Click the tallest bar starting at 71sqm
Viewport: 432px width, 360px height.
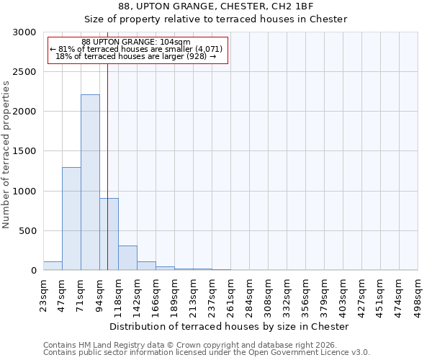click(90, 182)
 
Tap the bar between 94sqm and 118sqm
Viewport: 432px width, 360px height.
click(109, 234)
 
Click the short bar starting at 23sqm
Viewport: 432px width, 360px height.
click(53, 266)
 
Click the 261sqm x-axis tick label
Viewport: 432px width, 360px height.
click(231, 294)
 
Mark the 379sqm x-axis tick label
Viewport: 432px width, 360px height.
click(325, 294)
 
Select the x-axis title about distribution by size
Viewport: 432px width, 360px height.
click(230, 326)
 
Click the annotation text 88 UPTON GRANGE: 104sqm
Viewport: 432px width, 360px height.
click(136, 42)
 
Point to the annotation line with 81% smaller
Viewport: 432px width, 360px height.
click(136, 49)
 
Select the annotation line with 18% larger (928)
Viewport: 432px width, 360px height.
click(136, 56)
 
